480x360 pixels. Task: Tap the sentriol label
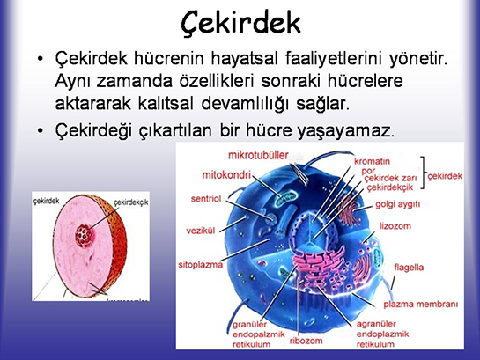pos(205,199)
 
